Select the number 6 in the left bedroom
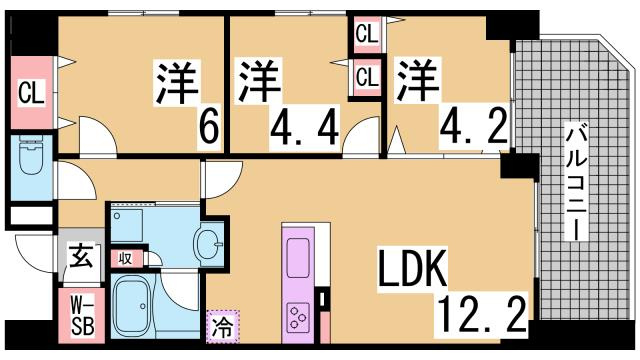209,126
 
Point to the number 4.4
305,127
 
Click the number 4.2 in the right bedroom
469,127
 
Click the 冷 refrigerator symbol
221,325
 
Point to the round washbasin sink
208,242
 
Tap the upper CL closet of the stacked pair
367,34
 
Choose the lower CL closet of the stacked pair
367,76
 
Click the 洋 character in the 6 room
175,82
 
